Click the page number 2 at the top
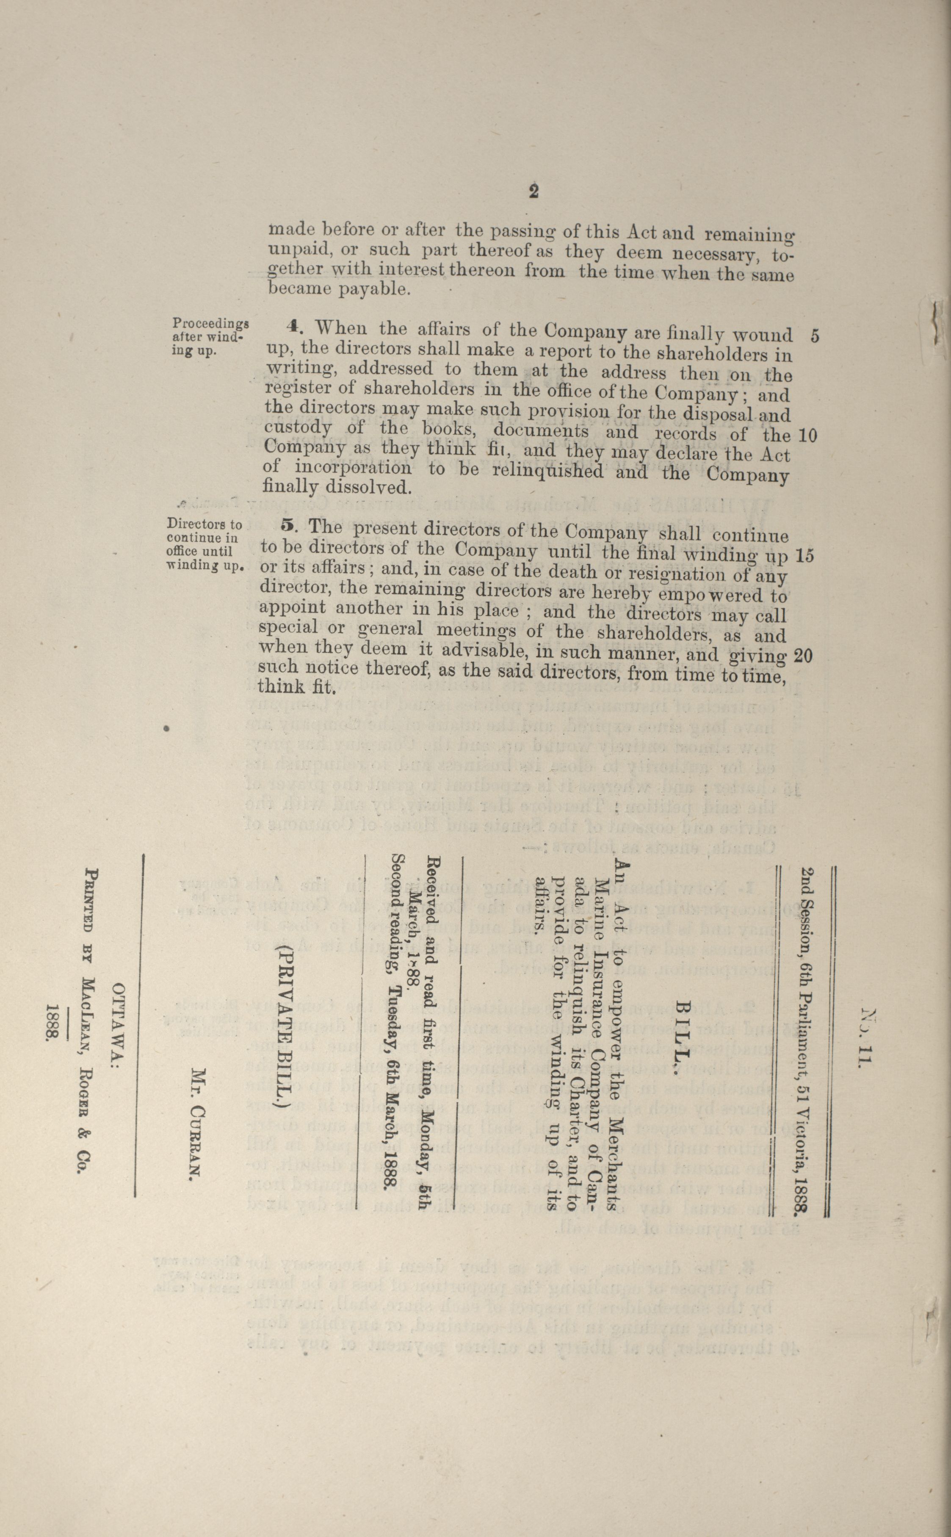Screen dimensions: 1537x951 click(x=534, y=191)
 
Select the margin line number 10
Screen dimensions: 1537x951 click(x=807, y=436)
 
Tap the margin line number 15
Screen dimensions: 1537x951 click(x=804, y=555)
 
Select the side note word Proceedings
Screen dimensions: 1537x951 click(x=211, y=323)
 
